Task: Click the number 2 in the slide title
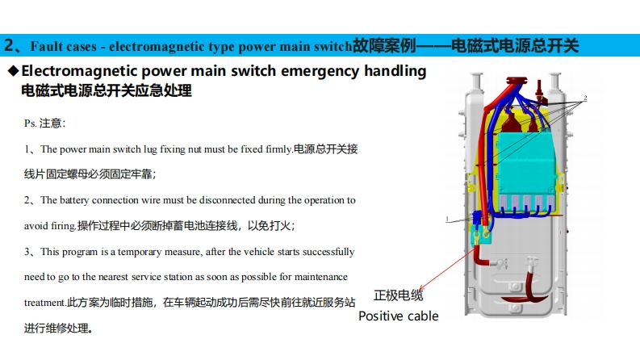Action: tap(9, 44)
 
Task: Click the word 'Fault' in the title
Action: tap(48, 44)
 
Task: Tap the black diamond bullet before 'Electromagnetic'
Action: tap(12, 72)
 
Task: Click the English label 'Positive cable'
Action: tap(398, 316)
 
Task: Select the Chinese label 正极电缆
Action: tap(398, 295)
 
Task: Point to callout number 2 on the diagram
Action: tap(585, 98)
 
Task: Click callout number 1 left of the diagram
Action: tap(447, 219)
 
